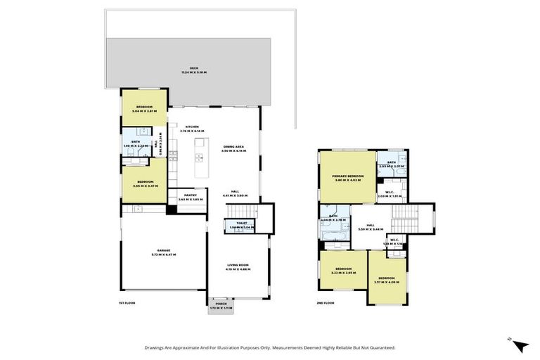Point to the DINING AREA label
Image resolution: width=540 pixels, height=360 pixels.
[x=233, y=148]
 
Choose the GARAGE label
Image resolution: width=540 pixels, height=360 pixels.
[x=164, y=251]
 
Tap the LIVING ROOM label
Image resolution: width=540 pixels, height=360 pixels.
[x=238, y=266]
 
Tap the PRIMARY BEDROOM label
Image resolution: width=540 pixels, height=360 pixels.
[x=347, y=177]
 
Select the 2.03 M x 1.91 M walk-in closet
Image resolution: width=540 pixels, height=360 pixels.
[x=389, y=195]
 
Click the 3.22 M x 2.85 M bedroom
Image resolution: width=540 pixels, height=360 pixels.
[x=343, y=271]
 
